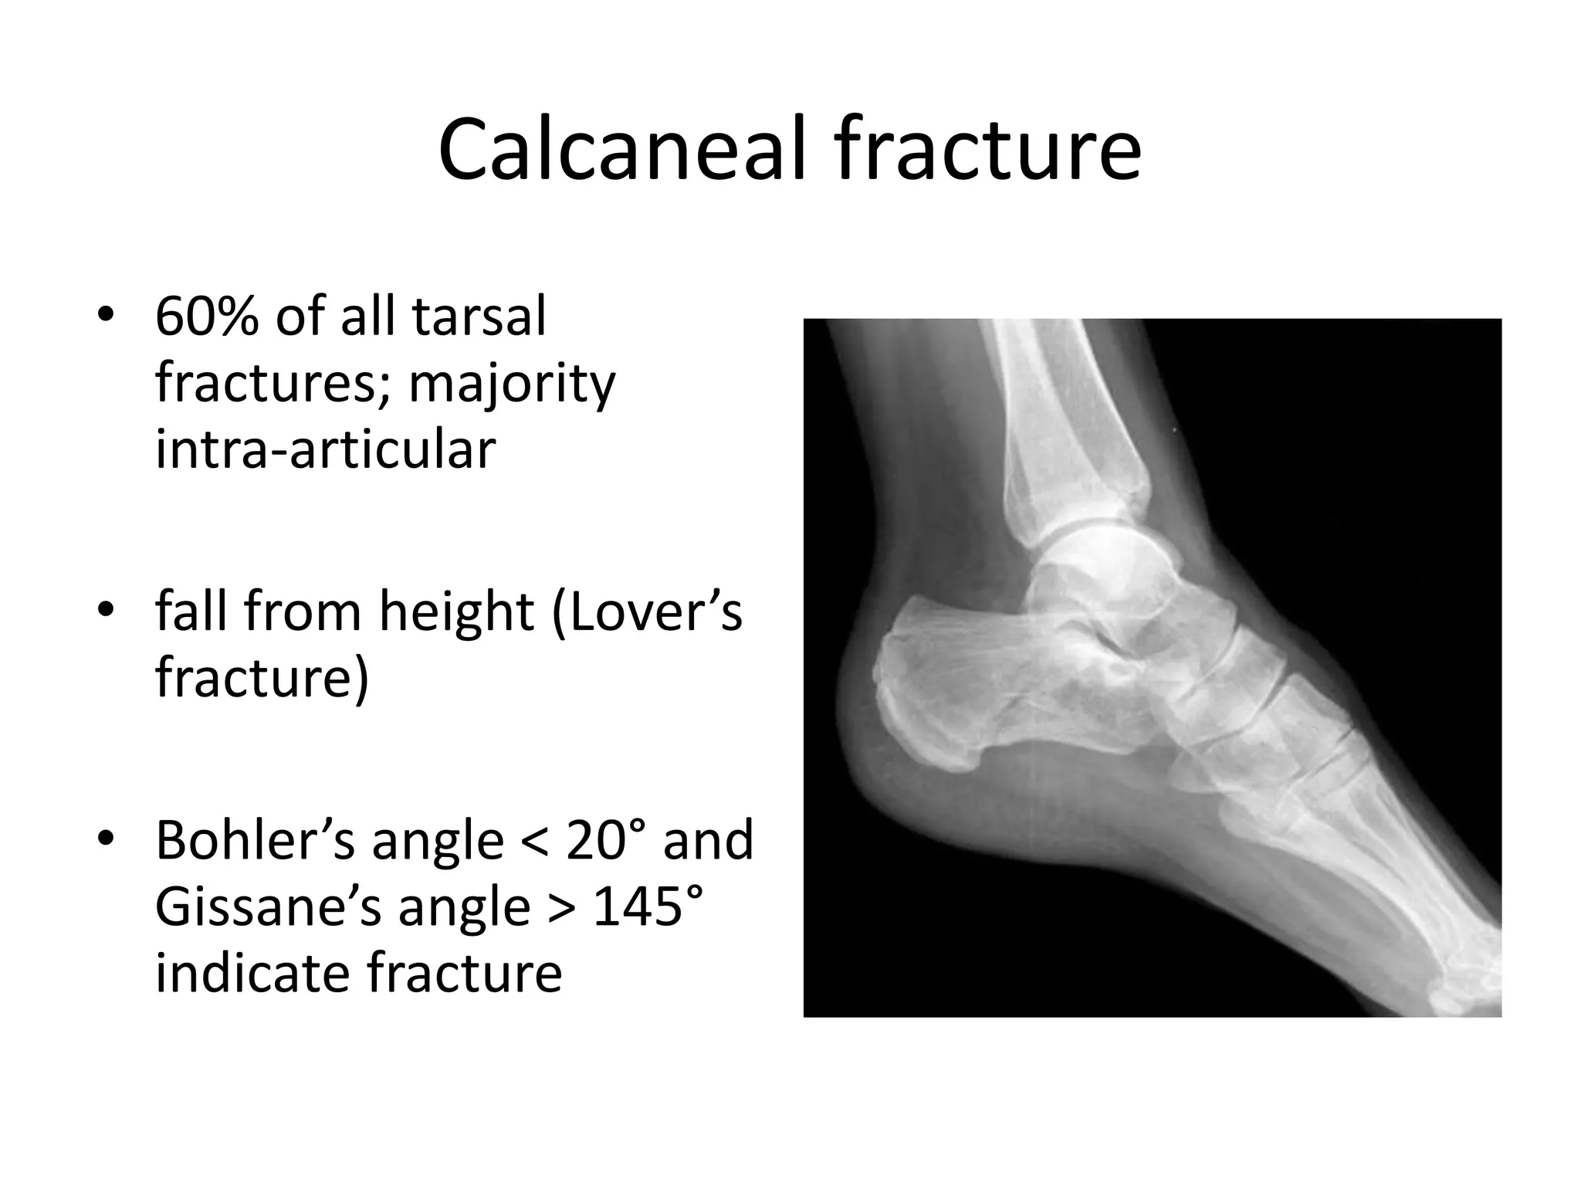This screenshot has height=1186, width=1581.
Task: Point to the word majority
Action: coord(512,384)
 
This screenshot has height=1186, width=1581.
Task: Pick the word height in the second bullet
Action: coord(456,612)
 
